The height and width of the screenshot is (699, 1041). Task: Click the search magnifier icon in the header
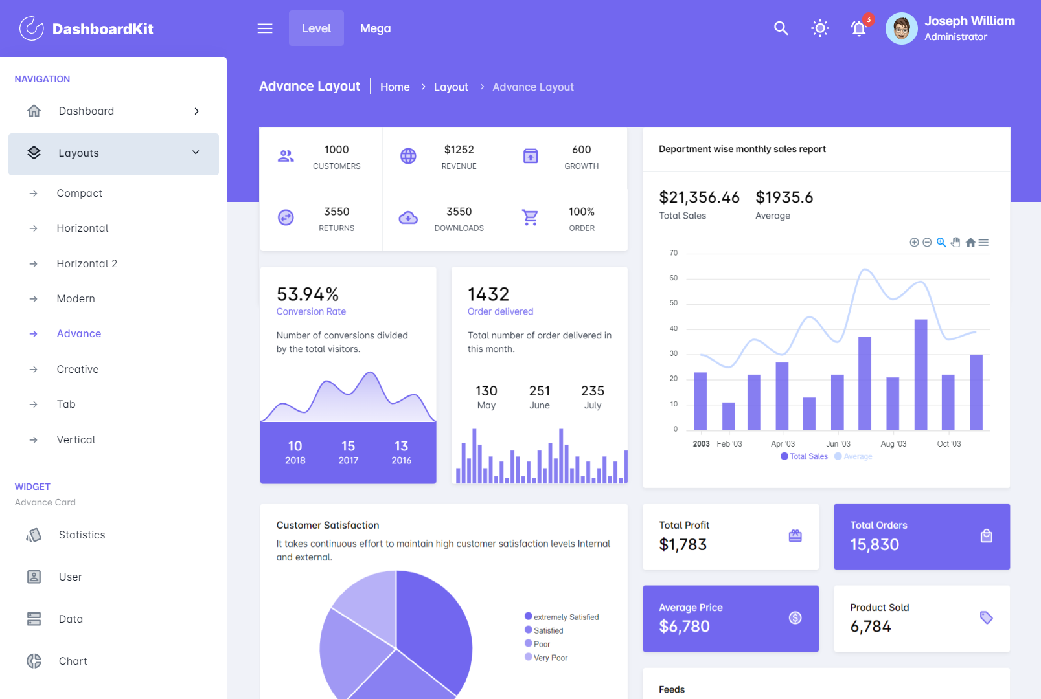coord(781,28)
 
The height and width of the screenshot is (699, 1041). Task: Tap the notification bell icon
coord(858,28)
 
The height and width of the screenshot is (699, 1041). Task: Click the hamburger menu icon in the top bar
coord(265,28)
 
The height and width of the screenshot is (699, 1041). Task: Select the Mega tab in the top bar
coord(375,28)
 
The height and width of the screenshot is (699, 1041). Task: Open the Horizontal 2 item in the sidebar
coord(87,263)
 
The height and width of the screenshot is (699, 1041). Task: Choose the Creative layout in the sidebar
coord(78,369)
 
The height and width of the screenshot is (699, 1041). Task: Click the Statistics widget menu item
coord(82,535)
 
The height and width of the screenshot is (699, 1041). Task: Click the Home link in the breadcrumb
coord(395,87)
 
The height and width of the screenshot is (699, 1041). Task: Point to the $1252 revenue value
coord(459,150)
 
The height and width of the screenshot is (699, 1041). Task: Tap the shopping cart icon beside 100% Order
coord(530,218)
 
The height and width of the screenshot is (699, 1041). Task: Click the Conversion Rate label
coord(311,311)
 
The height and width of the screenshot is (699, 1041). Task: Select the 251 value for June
coord(539,391)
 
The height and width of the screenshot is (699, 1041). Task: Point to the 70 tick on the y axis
coord(674,253)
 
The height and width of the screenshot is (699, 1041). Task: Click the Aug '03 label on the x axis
coord(893,444)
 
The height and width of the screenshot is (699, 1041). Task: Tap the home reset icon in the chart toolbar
coord(970,243)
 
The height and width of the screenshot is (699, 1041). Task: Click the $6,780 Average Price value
coord(684,627)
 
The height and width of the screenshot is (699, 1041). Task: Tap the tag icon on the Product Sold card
coord(986,617)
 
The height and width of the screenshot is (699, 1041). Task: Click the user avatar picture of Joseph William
coord(901,28)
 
